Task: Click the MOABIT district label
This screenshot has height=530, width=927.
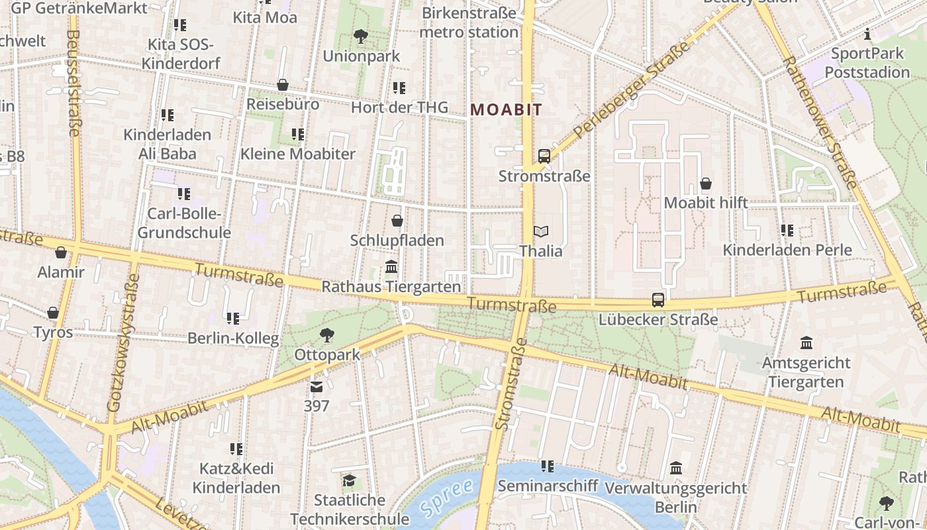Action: click(506, 110)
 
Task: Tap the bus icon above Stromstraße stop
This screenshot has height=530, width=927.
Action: click(544, 156)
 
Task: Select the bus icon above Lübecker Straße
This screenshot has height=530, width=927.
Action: click(658, 299)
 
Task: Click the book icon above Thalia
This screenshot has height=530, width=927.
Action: click(541, 231)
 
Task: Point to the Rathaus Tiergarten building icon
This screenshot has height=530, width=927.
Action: click(391, 267)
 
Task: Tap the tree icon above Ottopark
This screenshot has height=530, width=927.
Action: click(326, 335)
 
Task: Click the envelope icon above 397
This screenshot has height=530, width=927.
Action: click(317, 386)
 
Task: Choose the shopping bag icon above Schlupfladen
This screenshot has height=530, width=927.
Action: click(397, 220)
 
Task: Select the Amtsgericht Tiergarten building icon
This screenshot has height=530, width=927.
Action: click(806, 343)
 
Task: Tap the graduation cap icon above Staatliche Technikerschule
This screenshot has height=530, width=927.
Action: click(349, 480)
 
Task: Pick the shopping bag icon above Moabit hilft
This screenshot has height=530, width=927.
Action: click(706, 183)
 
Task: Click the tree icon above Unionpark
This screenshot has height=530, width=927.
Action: click(361, 36)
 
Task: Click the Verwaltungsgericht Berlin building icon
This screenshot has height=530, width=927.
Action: click(676, 468)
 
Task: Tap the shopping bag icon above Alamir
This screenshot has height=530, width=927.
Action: click(61, 252)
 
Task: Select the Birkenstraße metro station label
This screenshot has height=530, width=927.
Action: click(469, 23)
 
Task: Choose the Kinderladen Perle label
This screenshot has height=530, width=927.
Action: click(787, 250)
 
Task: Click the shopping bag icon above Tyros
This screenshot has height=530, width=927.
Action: click(53, 313)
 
